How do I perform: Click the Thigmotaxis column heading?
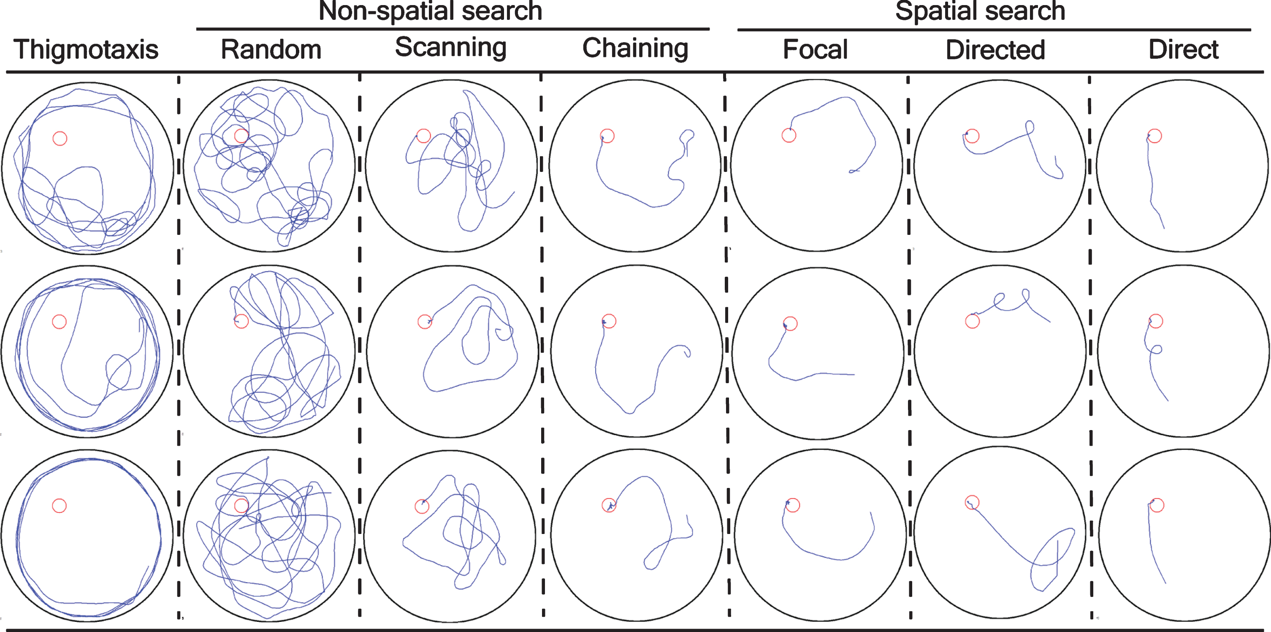point(86,50)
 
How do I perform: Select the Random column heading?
point(271,49)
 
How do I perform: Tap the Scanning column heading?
point(451,47)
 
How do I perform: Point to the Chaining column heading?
point(636,49)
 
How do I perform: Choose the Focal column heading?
point(816,49)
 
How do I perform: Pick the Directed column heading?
point(996,50)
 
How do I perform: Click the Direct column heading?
point(1184,49)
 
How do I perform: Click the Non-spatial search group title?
point(430,11)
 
